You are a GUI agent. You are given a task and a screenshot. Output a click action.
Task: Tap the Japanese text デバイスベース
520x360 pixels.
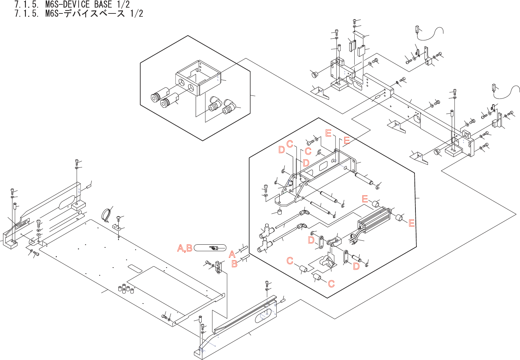pos(94,14)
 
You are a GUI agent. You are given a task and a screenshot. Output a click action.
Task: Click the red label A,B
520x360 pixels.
pos(185,248)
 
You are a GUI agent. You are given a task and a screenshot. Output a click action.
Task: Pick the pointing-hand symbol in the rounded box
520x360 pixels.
pos(213,248)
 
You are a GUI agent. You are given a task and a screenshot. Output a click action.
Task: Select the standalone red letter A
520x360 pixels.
pos(232,254)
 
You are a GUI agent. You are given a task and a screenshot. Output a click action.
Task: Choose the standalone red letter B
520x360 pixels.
pos(234,264)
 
